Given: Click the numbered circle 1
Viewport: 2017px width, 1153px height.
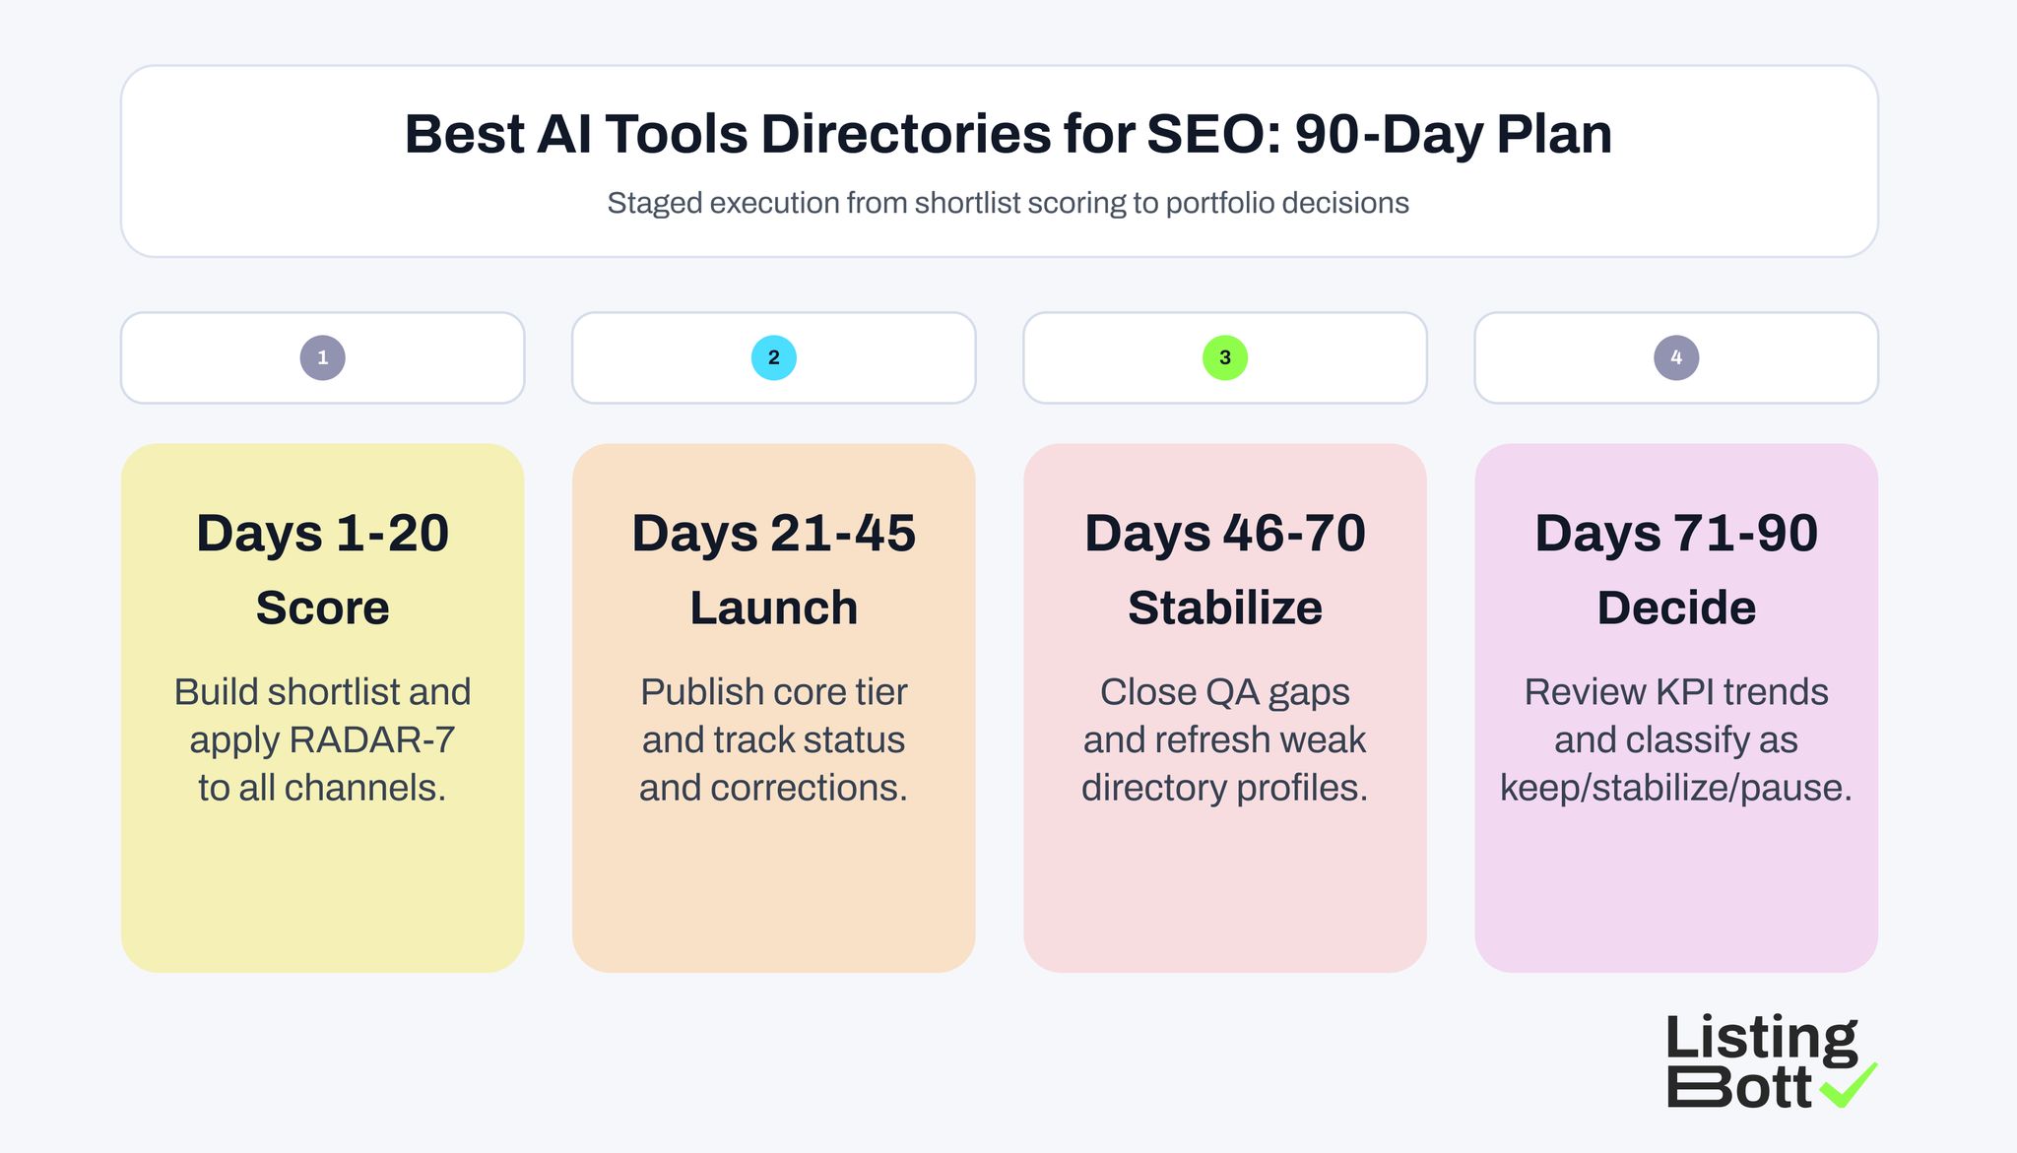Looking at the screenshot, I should pos(322,357).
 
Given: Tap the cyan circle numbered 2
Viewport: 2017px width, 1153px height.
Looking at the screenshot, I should pos(773,357).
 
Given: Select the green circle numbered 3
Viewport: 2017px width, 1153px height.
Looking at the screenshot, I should pos(1225,357).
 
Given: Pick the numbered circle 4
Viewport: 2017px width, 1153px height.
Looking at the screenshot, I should pos(1676,357).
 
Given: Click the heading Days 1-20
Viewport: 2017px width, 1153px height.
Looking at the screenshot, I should pos(322,534).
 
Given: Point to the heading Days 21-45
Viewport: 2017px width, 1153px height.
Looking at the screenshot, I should pos(773,534).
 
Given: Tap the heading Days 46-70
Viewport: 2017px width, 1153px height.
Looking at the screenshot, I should pos(1225,534).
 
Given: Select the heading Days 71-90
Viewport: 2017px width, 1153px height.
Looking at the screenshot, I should pos(1676,534).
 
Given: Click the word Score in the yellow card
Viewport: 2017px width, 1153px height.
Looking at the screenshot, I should pos(322,608).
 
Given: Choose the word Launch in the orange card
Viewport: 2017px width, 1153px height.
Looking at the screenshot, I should pos(773,608).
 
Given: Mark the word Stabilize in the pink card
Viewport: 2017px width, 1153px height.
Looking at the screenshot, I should pos(1225,608).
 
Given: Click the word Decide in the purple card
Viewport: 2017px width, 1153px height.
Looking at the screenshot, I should pos(1676,608).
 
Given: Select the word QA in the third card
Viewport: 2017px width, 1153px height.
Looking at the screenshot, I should pos(1227,692).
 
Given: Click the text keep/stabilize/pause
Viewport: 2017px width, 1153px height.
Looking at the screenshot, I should pos(1676,788).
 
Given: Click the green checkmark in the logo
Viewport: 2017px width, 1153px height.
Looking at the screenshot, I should pos(1849,1085).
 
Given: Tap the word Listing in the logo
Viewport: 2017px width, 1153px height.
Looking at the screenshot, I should pos(1761,1039).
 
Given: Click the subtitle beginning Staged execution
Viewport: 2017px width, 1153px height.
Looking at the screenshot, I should pos(1008,203).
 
